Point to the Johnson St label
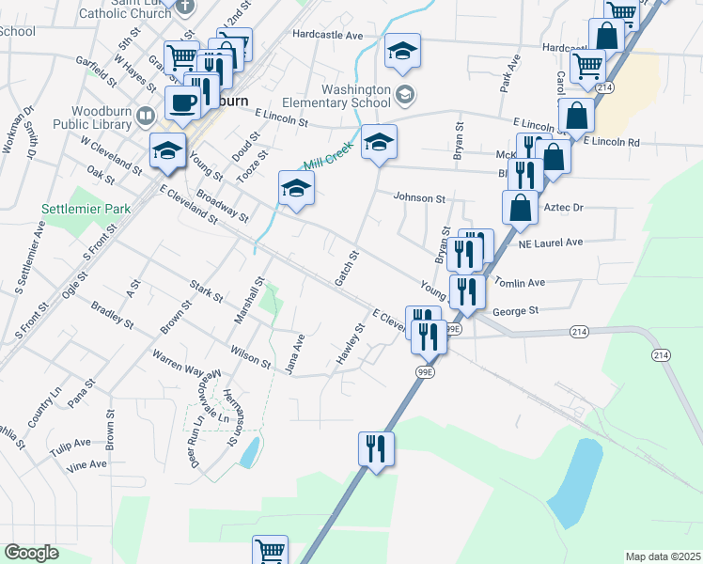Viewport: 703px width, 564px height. point(418,198)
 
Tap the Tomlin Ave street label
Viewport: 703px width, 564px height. point(519,282)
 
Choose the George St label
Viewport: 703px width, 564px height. point(514,310)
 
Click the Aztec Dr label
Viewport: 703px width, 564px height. point(564,207)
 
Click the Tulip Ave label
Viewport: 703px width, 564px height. point(70,442)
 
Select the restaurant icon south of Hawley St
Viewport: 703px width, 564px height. point(376,447)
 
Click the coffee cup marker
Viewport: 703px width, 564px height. point(183,102)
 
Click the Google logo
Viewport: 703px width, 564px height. point(31,553)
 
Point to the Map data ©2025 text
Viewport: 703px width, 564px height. point(662,556)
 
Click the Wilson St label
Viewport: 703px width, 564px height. point(250,355)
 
